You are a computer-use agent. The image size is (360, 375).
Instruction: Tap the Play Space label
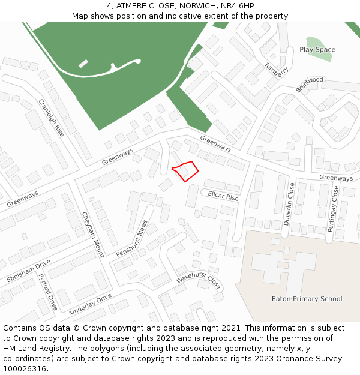pyautogui.click(x=317, y=50)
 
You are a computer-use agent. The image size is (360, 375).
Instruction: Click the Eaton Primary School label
pyautogui.click(x=307, y=299)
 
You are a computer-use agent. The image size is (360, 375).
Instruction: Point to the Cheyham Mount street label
pyautogui.click(x=93, y=234)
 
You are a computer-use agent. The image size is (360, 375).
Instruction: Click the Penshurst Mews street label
pyautogui.click(x=132, y=239)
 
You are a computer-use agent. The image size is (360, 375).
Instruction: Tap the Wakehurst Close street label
pyautogui.click(x=199, y=279)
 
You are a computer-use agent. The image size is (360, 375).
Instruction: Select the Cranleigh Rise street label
pyautogui.click(x=51, y=118)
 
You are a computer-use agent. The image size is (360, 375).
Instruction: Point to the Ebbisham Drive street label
pyautogui.click(x=28, y=271)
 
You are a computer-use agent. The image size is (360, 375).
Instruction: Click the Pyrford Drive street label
pyautogui.click(x=47, y=292)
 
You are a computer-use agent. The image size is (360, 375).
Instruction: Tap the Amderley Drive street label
pyautogui.click(x=90, y=305)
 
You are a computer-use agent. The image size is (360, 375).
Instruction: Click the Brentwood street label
pyautogui.click(x=310, y=84)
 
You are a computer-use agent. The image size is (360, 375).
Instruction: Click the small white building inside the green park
pyautogui.click(x=83, y=63)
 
